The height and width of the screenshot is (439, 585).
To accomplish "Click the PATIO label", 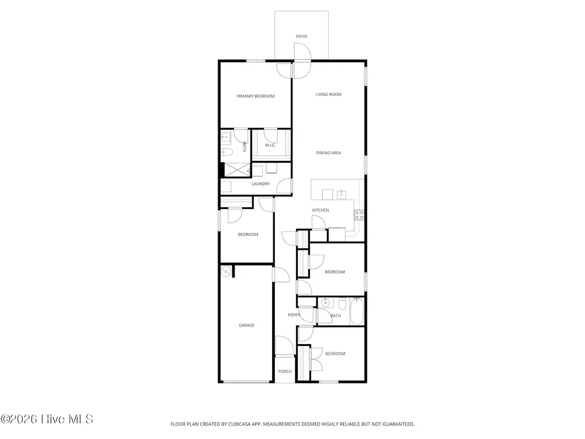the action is pyautogui.click(x=301, y=36).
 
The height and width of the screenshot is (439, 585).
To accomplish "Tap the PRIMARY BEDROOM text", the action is pyautogui.click(x=256, y=97).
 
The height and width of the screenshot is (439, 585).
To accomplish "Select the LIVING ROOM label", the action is pyautogui.click(x=328, y=94).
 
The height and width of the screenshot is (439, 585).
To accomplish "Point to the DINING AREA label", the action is pyautogui.click(x=328, y=153).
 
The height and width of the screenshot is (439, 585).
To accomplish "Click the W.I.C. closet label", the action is pyautogui.click(x=270, y=145).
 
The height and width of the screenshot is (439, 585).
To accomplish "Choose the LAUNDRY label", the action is pyautogui.click(x=260, y=184).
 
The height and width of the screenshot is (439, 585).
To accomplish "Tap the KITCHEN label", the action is pyautogui.click(x=321, y=210).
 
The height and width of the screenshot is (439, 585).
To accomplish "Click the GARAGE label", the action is pyautogui.click(x=247, y=325).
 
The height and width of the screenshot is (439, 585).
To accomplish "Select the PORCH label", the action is pyautogui.click(x=285, y=372).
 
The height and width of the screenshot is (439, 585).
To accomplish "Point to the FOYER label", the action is pyautogui.click(x=294, y=315).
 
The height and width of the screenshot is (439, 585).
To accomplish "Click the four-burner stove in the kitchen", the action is pyautogui.click(x=359, y=215).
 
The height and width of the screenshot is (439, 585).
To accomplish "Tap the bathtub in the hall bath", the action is pyautogui.click(x=357, y=311).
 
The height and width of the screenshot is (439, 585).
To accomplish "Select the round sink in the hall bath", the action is pyautogui.click(x=326, y=303).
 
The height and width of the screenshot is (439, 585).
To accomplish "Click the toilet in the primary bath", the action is pyautogui.click(x=227, y=152).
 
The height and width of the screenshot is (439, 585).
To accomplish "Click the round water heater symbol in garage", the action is pyautogui.click(x=226, y=272).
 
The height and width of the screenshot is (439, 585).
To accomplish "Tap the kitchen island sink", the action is pyautogui.click(x=341, y=194).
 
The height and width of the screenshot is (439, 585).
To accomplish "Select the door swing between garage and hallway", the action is pyautogui.click(x=281, y=275).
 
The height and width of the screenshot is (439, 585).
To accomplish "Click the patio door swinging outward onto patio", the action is pyautogui.click(x=302, y=51).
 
